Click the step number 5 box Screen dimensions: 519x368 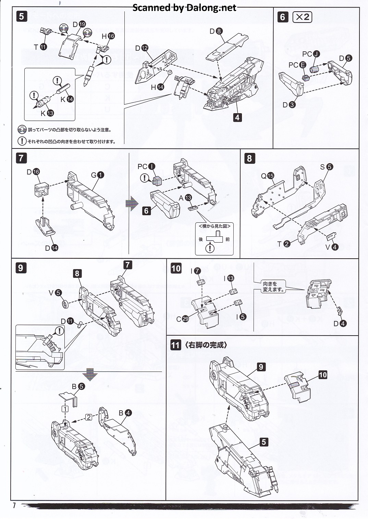click(21, 16)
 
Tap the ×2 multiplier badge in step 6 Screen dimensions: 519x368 click(302, 17)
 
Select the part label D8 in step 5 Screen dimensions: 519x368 click(216, 31)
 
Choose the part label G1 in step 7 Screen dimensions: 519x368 click(97, 175)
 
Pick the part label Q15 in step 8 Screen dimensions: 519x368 click(267, 176)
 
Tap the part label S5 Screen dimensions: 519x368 click(326, 167)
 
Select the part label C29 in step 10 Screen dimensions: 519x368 click(182, 319)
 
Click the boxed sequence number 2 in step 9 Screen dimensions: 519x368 click(89, 417)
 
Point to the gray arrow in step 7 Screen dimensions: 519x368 click(132, 204)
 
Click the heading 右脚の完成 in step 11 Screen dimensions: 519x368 click(206, 345)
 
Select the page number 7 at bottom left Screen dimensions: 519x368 click(14, 505)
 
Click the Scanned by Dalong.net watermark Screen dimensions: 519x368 click(184, 8)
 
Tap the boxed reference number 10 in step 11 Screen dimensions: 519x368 click(322, 375)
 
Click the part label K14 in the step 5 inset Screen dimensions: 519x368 click(67, 99)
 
